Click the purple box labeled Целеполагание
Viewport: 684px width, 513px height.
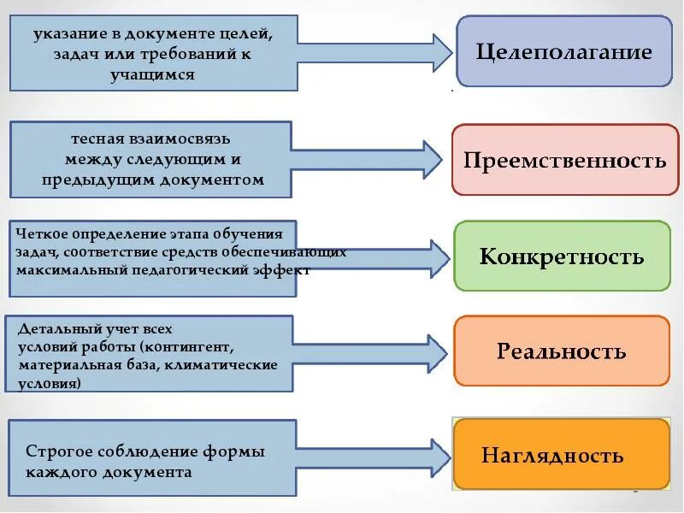pyautogui.click(x=564, y=51)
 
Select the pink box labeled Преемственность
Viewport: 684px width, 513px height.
pyautogui.click(x=564, y=160)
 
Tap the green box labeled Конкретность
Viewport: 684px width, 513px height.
pyautogui.click(x=562, y=256)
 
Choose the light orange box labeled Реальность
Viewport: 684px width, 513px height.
pyautogui.click(x=562, y=351)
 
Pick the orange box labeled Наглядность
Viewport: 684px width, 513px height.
pyautogui.click(x=561, y=454)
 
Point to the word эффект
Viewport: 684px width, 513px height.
pyautogui.click(x=286, y=269)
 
